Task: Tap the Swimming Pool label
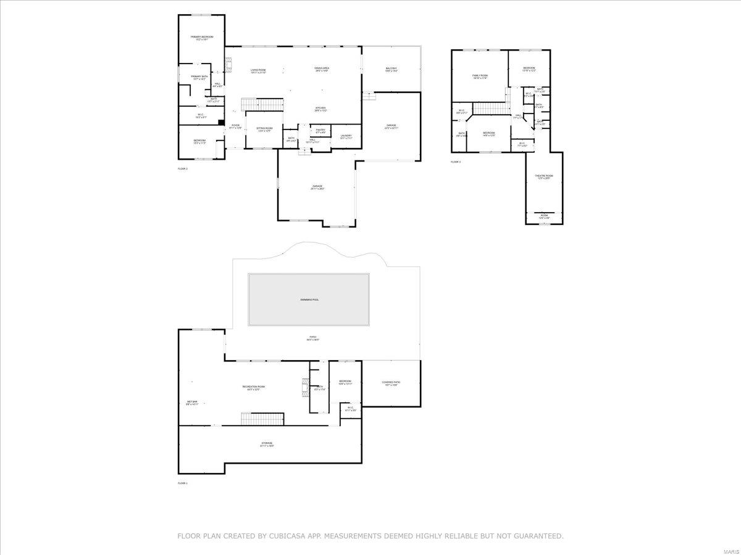pyautogui.click(x=309, y=300)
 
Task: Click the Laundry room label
pyautogui.click(x=346, y=137)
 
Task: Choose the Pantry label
pyautogui.click(x=320, y=131)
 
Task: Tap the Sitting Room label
pyautogui.click(x=264, y=129)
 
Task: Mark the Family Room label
pyautogui.click(x=480, y=76)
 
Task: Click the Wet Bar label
pyautogui.click(x=192, y=403)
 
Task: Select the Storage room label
pyautogui.click(x=267, y=444)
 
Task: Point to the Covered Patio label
pyautogui.click(x=391, y=384)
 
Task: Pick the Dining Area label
pyautogui.click(x=322, y=70)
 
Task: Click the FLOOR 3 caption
pyautogui.click(x=456, y=162)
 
